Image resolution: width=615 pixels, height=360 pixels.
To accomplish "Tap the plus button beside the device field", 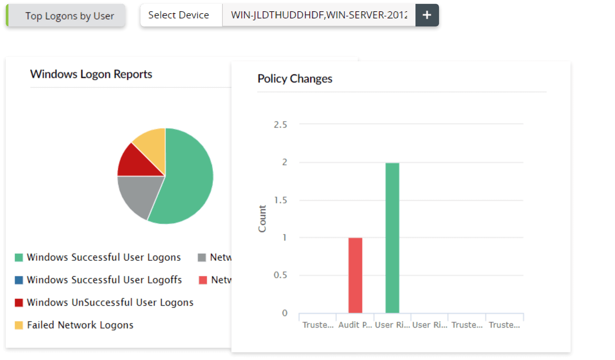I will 427,15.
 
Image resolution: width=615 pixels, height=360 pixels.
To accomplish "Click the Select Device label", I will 179,15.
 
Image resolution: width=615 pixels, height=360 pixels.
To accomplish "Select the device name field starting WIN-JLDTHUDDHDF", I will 318,15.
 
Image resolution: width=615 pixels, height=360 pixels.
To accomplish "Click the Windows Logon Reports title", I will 91,74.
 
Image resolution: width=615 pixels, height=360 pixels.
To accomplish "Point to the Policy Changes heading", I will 295,79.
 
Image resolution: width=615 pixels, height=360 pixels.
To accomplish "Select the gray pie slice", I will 139,194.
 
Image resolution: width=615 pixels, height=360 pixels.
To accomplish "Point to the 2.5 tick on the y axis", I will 280,125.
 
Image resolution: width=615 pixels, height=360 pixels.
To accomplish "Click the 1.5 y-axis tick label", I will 280,200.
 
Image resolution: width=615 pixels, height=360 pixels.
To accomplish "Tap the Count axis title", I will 262,218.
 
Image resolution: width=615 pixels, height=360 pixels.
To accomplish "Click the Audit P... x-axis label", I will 355,325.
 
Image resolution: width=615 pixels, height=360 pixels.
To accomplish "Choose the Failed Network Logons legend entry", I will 80,325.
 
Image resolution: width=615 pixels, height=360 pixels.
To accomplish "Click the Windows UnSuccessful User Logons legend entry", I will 110,302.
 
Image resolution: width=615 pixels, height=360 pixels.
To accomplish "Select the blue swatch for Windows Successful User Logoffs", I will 19,280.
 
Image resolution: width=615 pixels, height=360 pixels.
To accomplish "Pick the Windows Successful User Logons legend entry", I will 103,257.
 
